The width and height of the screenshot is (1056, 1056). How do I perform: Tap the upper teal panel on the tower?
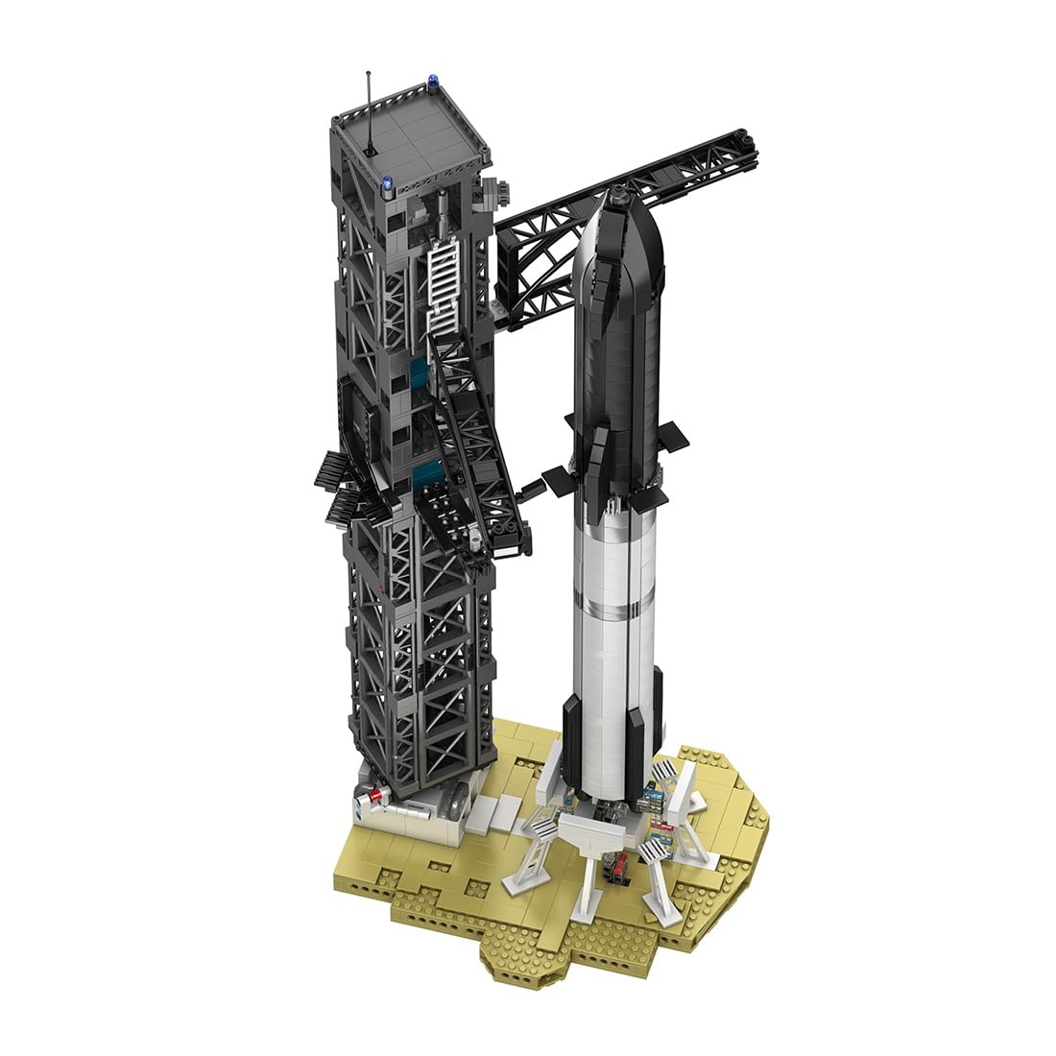click(x=420, y=375)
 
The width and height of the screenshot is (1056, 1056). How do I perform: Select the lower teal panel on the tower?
click(x=428, y=474)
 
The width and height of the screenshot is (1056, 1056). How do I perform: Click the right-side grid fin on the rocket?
click(x=673, y=433)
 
